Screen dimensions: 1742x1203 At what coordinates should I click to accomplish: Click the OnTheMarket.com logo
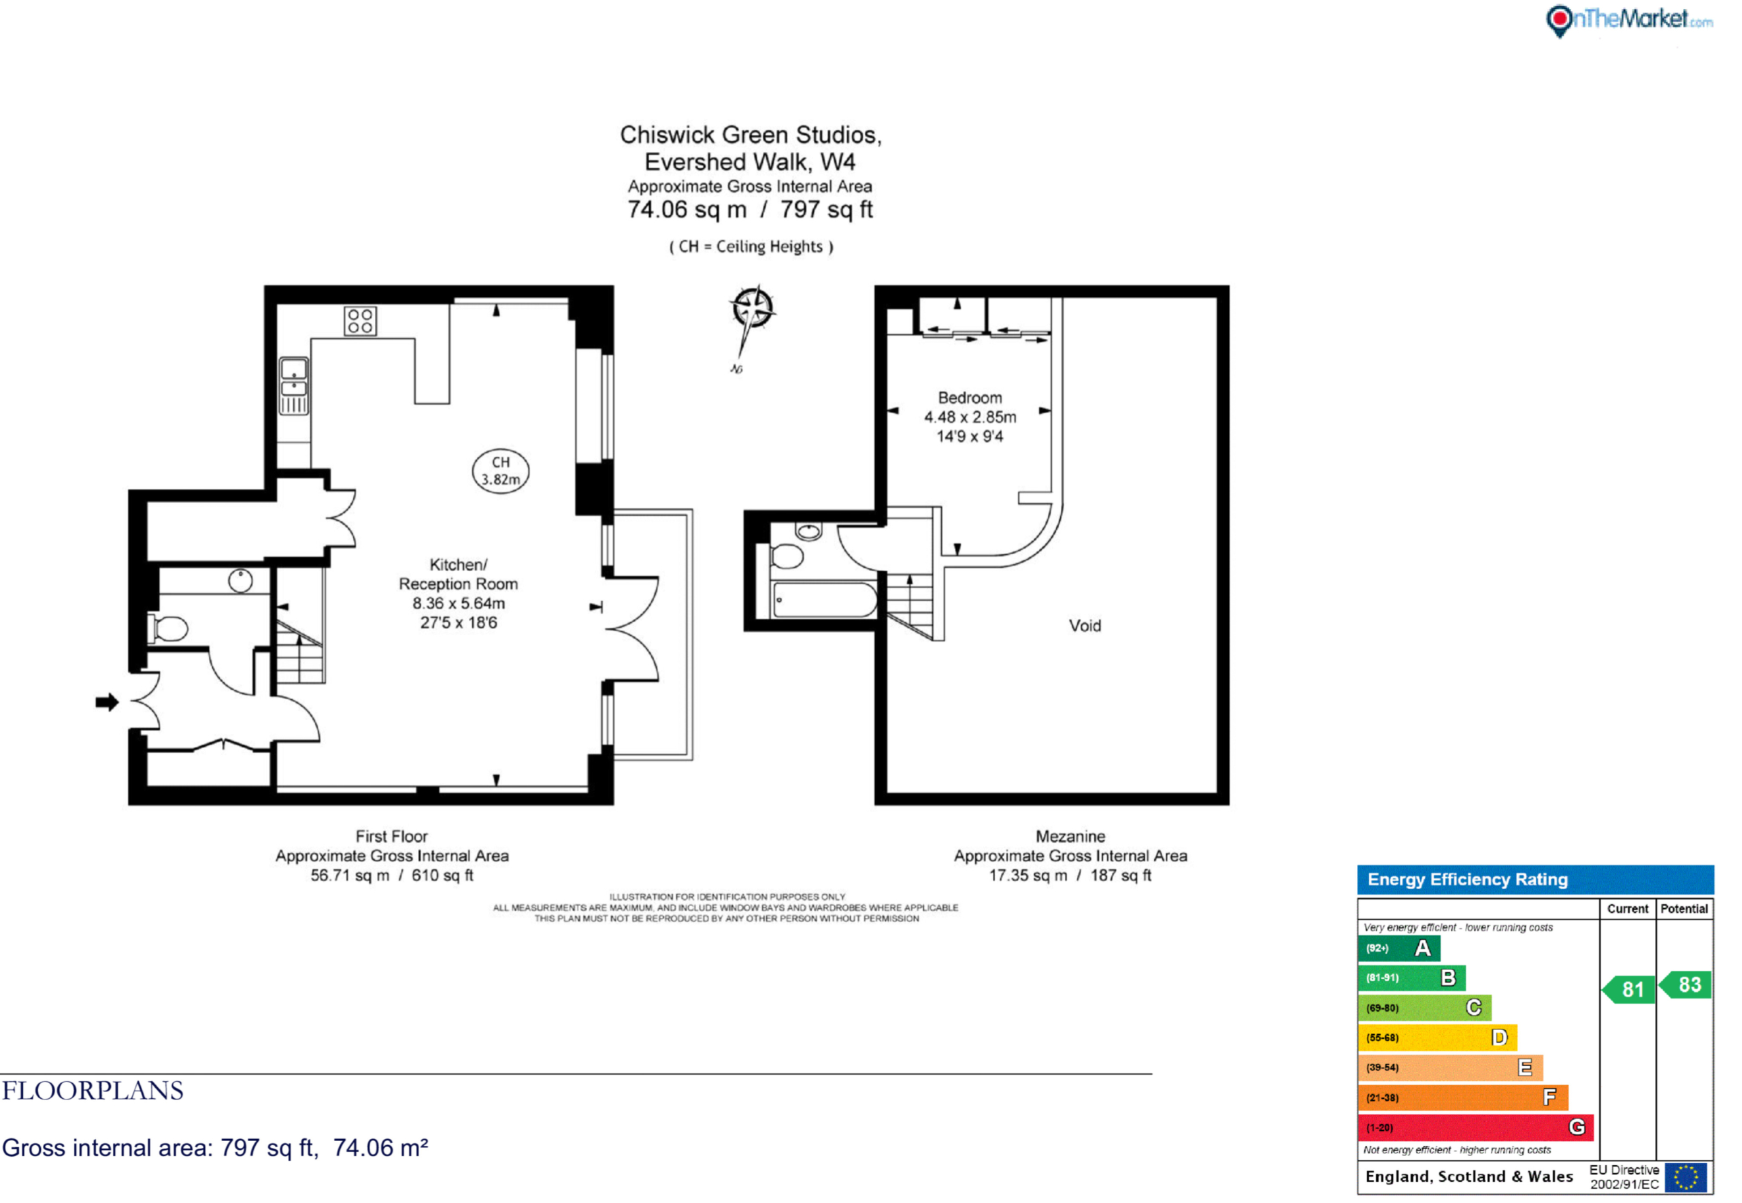[1629, 20]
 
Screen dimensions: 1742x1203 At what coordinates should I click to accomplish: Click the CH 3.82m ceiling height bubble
[500, 471]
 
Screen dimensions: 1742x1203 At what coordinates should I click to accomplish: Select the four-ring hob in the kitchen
[360, 321]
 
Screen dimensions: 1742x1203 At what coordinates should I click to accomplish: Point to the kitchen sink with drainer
[294, 386]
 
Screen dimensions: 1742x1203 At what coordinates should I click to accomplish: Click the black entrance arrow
[107, 703]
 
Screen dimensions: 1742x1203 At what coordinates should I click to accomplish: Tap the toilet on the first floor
[169, 628]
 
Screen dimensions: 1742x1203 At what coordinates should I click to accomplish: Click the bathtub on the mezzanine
[824, 600]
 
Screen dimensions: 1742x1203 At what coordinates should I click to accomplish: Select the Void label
[1085, 626]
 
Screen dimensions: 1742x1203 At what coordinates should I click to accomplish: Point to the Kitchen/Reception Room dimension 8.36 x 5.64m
[458, 603]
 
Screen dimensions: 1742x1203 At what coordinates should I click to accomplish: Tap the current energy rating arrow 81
[1628, 989]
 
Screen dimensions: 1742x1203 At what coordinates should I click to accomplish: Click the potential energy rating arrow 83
[1685, 984]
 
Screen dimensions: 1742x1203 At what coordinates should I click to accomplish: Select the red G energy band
[1475, 1127]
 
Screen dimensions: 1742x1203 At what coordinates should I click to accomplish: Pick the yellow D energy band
[1437, 1037]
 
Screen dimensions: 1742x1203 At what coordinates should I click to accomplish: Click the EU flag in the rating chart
[1686, 1177]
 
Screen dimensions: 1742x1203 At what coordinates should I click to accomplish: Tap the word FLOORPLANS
[93, 1091]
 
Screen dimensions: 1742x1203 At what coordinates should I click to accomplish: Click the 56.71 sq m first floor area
[350, 875]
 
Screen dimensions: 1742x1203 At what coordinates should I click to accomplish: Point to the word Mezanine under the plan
[1070, 836]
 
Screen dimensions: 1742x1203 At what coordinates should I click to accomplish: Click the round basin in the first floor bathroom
[240, 580]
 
